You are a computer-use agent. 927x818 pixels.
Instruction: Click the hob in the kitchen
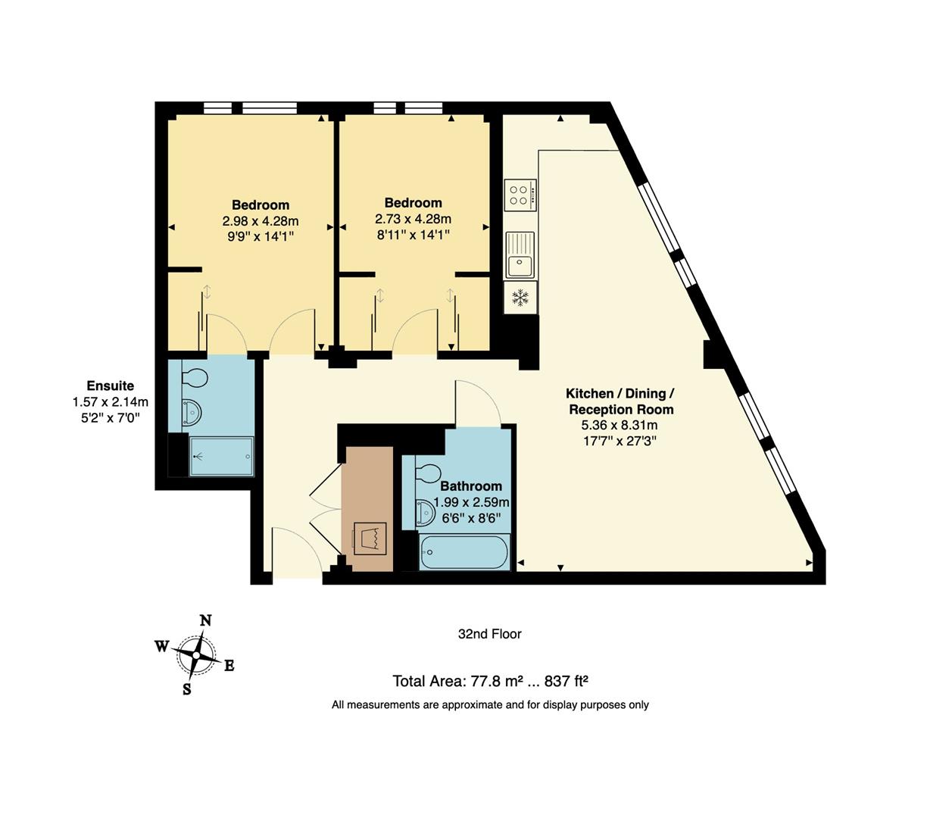tap(520, 195)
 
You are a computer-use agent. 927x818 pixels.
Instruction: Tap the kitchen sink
tap(520, 255)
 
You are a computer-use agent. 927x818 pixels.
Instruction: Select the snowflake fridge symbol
tap(520, 298)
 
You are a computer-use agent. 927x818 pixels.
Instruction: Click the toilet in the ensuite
tap(194, 378)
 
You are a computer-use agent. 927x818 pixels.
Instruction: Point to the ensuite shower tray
tap(221, 457)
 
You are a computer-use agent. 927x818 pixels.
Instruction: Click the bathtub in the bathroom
tap(464, 551)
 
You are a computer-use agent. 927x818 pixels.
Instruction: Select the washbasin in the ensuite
tap(192, 413)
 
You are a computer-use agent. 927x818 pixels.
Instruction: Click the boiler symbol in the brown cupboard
tap(370, 539)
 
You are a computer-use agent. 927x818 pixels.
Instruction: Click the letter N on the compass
tap(206, 621)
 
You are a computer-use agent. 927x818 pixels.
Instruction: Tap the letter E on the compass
tap(229, 666)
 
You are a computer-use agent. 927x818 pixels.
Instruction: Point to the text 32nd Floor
tap(489, 634)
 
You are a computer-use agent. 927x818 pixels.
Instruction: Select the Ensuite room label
tap(111, 386)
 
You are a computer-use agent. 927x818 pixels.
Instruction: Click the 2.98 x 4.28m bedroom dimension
tap(261, 221)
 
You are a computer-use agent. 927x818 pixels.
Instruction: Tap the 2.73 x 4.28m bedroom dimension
tap(413, 219)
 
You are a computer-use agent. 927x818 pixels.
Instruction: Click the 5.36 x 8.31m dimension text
tap(619, 425)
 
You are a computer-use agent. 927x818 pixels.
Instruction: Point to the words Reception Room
tap(621, 409)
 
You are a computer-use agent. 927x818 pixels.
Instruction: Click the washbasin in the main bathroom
tap(426, 513)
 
